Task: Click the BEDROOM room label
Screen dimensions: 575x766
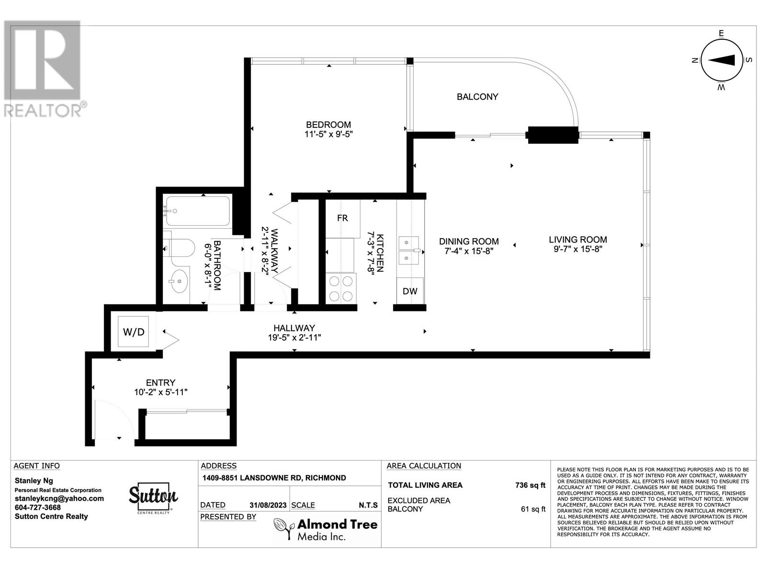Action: pyautogui.click(x=328, y=125)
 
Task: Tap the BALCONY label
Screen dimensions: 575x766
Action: pyautogui.click(x=477, y=97)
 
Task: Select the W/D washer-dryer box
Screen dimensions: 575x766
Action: pyautogui.click(x=134, y=332)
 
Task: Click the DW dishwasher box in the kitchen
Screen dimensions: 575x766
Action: pyautogui.click(x=410, y=291)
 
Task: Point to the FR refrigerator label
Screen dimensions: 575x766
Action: pyautogui.click(x=342, y=218)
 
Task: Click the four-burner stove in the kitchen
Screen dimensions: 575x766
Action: pyautogui.click(x=341, y=288)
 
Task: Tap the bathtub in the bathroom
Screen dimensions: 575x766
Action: pyautogui.click(x=197, y=211)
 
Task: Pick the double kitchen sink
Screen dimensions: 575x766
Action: pyautogui.click(x=409, y=250)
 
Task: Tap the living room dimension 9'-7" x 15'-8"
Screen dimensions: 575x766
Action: pyautogui.click(x=577, y=249)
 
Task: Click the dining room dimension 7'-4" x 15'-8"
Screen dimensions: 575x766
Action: pyautogui.click(x=469, y=251)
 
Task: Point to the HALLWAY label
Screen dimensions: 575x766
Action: pyautogui.click(x=294, y=328)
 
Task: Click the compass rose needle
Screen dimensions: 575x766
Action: pyautogui.click(x=721, y=60)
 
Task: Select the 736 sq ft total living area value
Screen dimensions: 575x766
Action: pyautogui.click(x=530, y=485)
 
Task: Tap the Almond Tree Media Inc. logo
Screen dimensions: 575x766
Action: pyautogui.click(x=326, y=529)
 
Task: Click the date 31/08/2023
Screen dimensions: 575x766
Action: pyautogui.click(x=268, y=505)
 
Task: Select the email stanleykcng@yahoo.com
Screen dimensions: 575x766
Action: pyautogui.click(x=59, y=499)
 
